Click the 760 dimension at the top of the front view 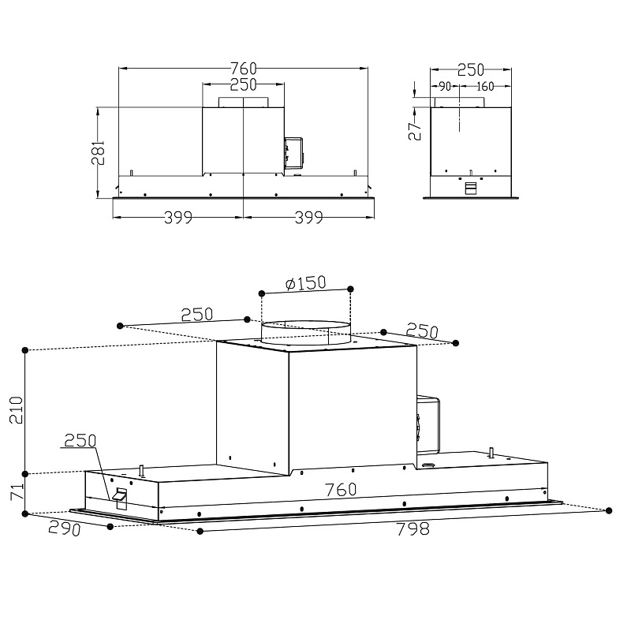coord(244,67)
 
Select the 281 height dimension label coord(99,151)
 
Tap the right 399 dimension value coord(308,218)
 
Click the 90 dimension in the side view coord(445,86)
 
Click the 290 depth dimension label coord(64,528)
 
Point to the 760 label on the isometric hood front coord(341,490)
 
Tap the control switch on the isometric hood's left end coord(121,496)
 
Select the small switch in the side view coord(471,188)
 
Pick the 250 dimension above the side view coord(471,70)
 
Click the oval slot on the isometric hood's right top coord(431,466)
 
